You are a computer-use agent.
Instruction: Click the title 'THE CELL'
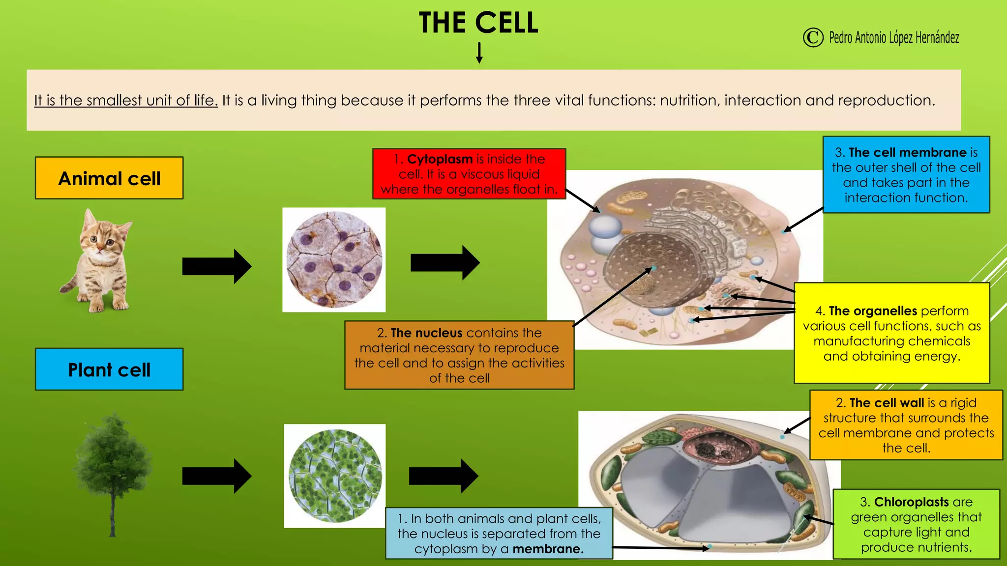478,23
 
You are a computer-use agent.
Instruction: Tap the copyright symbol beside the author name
813,37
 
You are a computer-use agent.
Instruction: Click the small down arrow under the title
479,53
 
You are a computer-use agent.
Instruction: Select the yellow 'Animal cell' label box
109,178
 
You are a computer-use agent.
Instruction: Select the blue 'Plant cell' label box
109,369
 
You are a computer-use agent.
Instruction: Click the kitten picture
98,260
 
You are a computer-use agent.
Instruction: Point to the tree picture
113,472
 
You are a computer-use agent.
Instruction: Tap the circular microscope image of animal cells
334,259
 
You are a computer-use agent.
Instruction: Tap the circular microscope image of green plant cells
335,476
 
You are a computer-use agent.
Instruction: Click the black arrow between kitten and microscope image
216,266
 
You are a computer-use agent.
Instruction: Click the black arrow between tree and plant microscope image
216,476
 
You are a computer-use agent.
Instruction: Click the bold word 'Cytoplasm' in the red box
440,159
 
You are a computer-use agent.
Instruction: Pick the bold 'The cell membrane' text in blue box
907,152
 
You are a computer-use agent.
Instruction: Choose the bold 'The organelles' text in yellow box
872,311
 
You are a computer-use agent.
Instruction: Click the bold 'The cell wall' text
887,403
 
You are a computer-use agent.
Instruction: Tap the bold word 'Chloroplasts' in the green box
911,502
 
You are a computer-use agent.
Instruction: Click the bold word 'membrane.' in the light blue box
548,549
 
